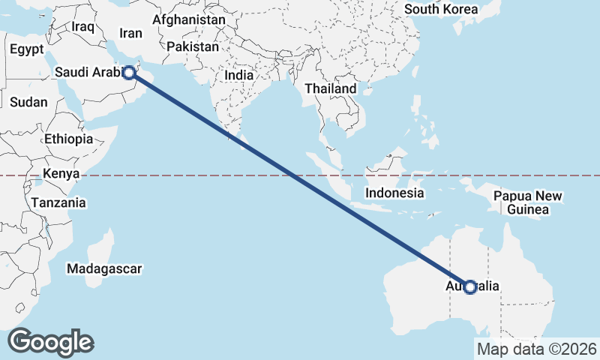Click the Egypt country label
click(28, 49)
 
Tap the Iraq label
click(82, 27)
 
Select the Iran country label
click(130, 33)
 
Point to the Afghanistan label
click(189, 19)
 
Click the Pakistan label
click(193, 46)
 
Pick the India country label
click(239, 75)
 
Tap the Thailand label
click(331, 88)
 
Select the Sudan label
click(29, 102)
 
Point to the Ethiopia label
click(68, 139)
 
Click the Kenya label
click(61, 174)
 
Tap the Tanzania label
click(58, 202)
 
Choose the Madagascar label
click(103, 268)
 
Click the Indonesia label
click(394, 193)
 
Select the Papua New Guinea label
click(528, 202)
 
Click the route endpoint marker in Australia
click(470, 286)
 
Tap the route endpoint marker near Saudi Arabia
click(129, 72)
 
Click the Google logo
click(50, 342)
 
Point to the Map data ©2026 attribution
click(537, 349)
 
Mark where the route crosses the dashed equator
click(293, 175)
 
